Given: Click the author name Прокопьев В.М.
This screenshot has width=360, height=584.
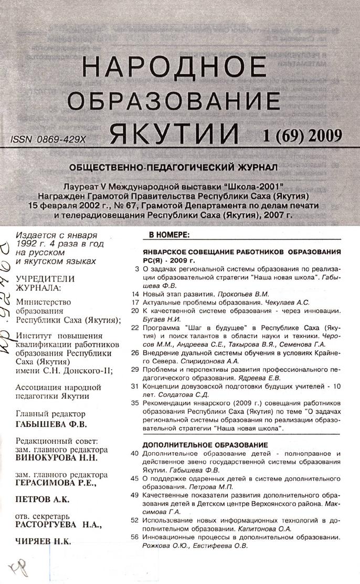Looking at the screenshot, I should click(243, 294).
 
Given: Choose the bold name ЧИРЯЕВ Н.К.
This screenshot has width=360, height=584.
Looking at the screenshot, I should click(44, 541).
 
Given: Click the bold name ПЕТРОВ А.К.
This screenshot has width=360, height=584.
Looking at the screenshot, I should click(43, 499).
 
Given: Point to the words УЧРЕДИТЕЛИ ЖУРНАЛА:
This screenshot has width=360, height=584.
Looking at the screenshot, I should click(45, 283).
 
